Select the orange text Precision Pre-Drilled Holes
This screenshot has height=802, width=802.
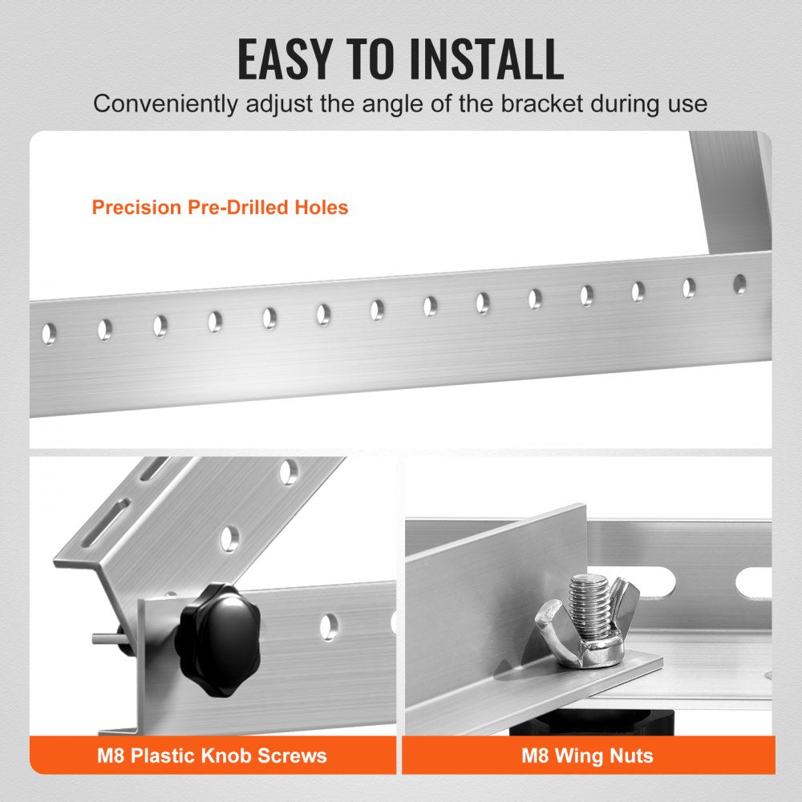(x=220, y=208)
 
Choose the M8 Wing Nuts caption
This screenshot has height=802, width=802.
(x=587, y=755)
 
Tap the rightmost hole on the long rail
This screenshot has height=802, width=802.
(x=739, y=284)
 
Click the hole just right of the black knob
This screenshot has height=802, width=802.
(x=328, y=626)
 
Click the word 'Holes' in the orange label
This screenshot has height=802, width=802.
(x=322, y=208)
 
